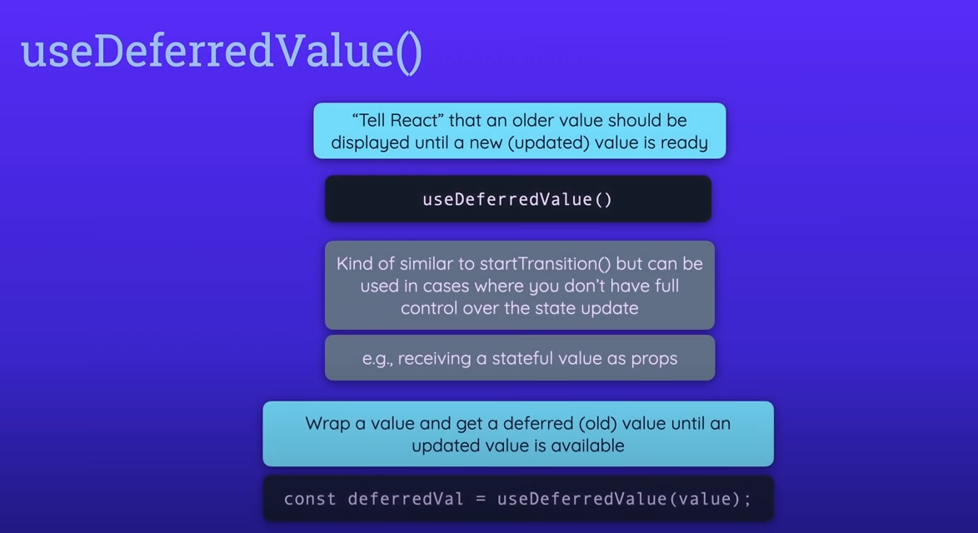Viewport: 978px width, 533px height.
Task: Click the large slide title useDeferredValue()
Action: tap(222, 52)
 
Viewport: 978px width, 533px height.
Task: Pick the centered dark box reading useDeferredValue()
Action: tap(517, 199)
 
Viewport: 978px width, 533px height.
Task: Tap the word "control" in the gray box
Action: tap(432, 308)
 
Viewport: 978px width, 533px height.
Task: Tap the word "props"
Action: tap(654, 359)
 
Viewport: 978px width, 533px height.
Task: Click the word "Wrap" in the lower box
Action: tap(327, 423)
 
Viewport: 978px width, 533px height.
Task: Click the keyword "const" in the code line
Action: tap(310, 499)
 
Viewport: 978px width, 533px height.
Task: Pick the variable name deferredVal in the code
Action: tap(400, 499)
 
